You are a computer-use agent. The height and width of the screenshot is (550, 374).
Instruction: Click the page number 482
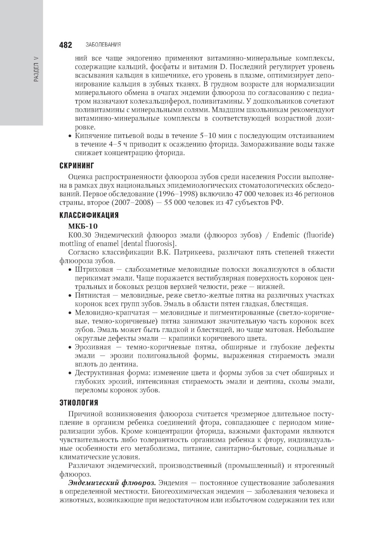(65, 45)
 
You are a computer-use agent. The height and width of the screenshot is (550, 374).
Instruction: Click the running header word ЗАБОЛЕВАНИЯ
(103, 45)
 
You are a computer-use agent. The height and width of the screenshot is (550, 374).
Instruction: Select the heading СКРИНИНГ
(77, 165)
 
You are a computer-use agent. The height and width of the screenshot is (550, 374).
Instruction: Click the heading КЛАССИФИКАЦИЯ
(89, 215)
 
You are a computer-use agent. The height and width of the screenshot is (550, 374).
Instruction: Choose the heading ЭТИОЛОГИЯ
(79, 403)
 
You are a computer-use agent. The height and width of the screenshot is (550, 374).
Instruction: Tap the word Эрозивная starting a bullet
(93, 347)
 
